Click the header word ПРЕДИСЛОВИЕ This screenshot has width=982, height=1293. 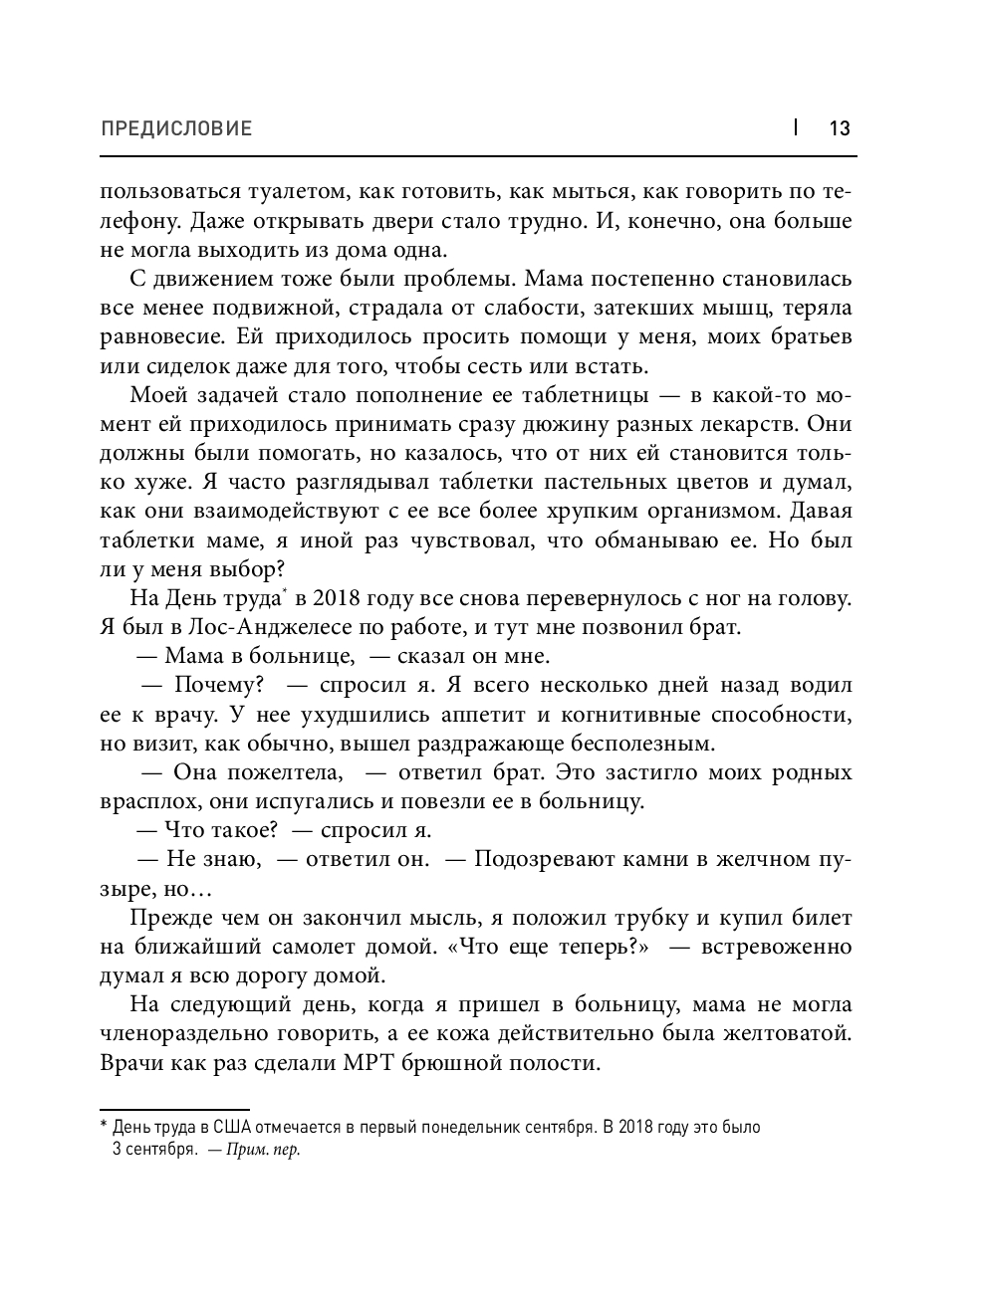176,128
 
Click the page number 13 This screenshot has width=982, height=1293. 839,128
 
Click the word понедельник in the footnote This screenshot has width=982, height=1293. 487,1128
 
